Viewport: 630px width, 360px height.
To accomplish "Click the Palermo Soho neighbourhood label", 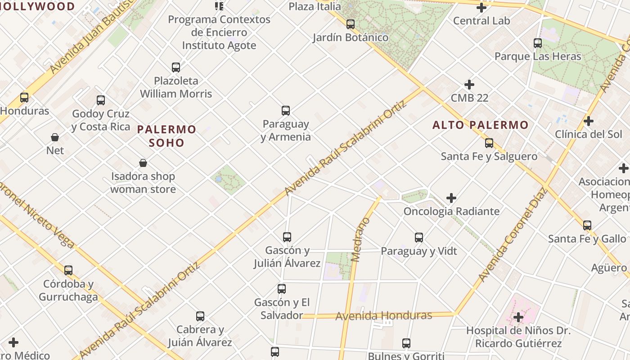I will (166, 136).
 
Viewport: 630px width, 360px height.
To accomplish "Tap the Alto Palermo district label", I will (480, 125).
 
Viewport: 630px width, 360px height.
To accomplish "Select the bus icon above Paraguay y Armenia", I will (286, 110).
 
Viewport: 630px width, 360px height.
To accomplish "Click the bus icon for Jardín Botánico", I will (351, 24).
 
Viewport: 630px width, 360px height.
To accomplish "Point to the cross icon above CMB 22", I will (469, 85).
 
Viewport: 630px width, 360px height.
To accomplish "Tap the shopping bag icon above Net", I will (55, 137).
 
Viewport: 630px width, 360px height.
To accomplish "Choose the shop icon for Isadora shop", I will (143, 163).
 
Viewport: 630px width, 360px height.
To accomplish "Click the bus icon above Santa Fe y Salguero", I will (489, 143).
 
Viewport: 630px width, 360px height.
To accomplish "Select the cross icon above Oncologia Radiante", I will (451, 198).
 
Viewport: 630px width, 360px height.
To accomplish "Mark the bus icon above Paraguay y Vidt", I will (419, 237).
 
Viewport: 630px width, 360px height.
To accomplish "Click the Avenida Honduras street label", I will (384, 315).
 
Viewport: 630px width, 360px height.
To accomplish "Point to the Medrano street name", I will (360, 239).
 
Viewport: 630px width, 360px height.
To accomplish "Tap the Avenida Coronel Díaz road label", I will (513, 234).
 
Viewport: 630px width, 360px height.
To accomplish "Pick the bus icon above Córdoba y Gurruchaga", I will (68, 270).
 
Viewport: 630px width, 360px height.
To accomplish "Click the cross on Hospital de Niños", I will (518, 317).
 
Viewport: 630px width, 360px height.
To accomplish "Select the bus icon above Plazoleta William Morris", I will (176, 67).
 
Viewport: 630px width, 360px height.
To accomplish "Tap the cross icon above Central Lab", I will (481, 8).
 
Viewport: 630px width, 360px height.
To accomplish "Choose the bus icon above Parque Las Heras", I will (538, 43).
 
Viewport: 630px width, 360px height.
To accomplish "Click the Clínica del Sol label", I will (588, 134).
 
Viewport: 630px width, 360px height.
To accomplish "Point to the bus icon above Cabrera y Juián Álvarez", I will (200, 316).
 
